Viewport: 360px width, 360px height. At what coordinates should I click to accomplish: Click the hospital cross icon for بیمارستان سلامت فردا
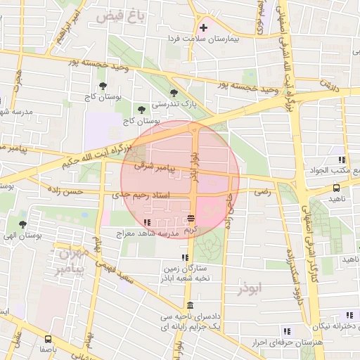204,28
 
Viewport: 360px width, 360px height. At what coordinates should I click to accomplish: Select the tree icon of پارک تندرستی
174,93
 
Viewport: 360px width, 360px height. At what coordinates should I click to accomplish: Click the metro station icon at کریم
191,219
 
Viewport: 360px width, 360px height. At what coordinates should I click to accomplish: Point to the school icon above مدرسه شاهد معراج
146,223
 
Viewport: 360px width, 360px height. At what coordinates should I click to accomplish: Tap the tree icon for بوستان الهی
22,225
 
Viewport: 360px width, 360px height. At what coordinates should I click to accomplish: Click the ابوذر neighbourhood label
250,288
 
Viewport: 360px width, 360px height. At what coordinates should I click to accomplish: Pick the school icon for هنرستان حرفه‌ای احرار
287,331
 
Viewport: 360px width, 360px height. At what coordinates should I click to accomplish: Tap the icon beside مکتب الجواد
341,160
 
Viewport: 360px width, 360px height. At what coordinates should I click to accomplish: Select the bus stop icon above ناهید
337,188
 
